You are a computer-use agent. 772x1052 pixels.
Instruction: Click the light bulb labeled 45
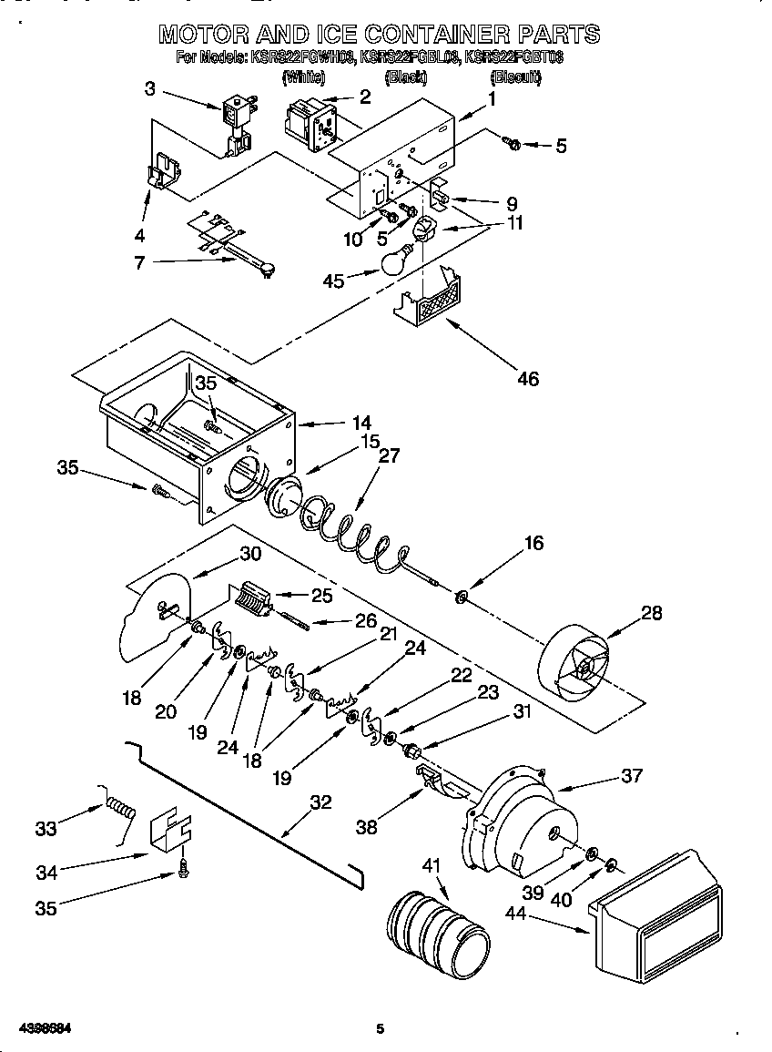pyautogui.click(x=393, y=262)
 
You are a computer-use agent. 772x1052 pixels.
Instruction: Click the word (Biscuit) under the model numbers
pyautogui.click(x=516, y=78)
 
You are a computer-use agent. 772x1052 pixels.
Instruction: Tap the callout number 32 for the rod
pyautogui.click(x=320, y=802)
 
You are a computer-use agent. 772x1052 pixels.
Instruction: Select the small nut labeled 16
pyautogui.click(x=462, y=597)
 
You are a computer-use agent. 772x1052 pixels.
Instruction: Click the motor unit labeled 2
pyautogui.click(x=310, y=121)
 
